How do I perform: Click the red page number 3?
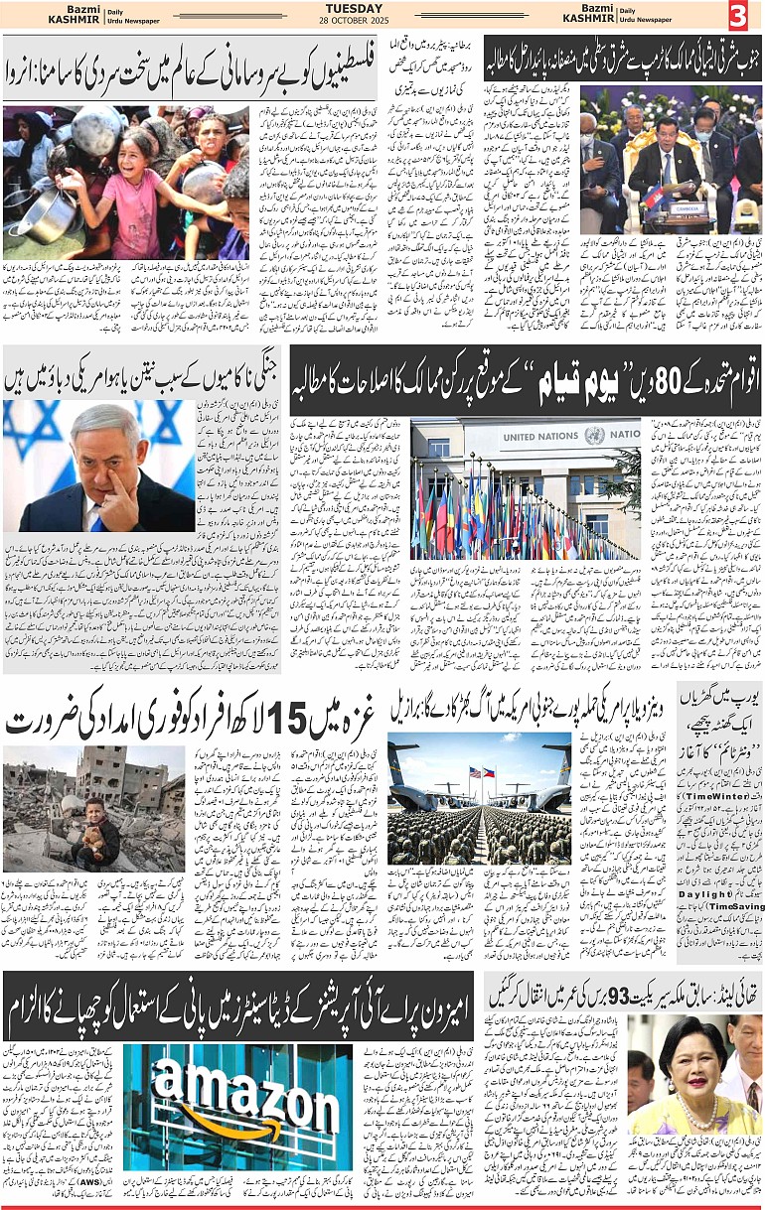[x=737, y=16]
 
